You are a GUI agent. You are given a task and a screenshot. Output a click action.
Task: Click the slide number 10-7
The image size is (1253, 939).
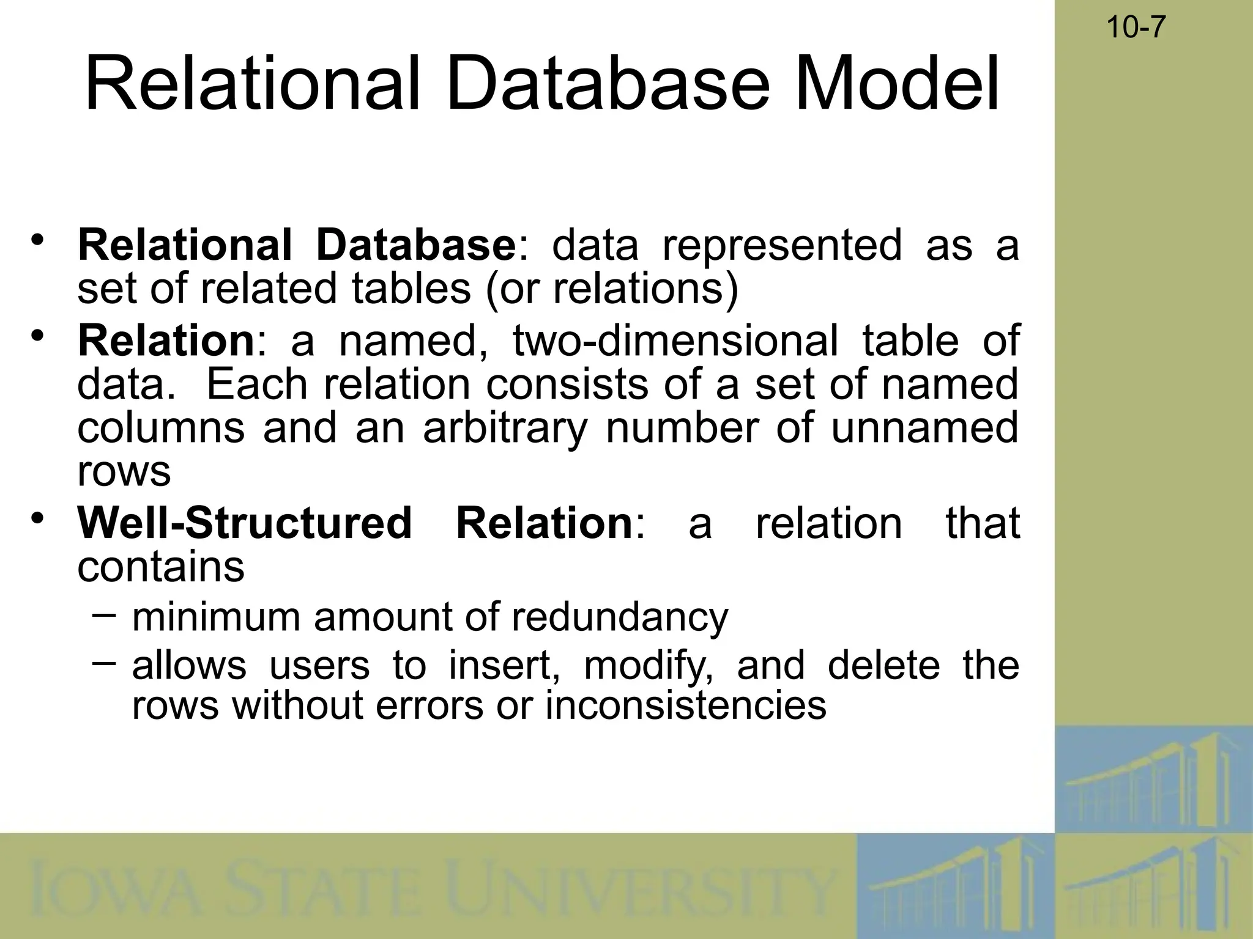pos(1136,28)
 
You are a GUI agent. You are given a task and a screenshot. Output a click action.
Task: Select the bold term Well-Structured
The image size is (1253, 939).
pos(245,523)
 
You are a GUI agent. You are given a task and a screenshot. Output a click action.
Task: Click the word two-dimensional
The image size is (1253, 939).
pos(675,341)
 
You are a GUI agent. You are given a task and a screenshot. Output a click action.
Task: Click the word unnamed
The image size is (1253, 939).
pos(924,427)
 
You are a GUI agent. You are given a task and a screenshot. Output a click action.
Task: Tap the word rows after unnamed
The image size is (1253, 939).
pos(124,472)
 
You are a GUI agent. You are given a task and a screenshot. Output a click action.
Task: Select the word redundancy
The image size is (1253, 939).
pos(620,617)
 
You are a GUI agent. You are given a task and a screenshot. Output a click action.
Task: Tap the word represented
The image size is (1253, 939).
pos(781,245)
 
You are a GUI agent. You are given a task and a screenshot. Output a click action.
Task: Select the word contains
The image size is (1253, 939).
pos(161,567)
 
